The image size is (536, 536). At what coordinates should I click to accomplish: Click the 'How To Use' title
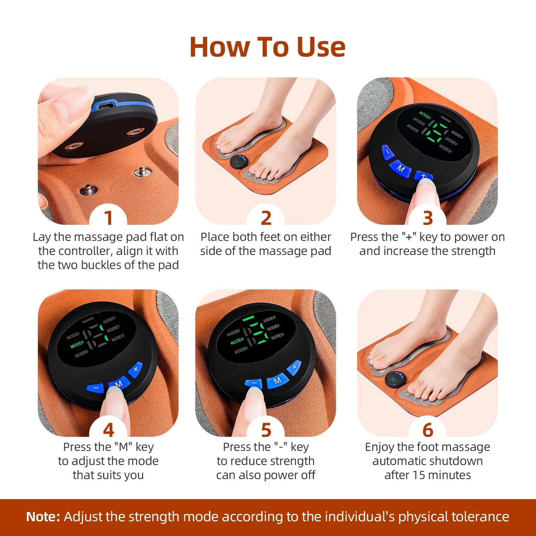coord(267,47)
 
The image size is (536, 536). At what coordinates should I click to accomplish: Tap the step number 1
coord(108,218)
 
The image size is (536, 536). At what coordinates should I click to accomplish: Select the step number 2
coord(266,218)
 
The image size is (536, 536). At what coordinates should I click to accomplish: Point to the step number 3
coord(428,218)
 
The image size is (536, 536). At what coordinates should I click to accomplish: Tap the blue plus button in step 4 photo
coord(135,369)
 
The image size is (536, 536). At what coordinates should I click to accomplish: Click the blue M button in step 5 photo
coord(277,381)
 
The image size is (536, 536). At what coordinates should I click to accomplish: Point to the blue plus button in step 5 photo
coord(295,367)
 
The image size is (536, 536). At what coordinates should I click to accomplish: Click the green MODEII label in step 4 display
coord(77,345)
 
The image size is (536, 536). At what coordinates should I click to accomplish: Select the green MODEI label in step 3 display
coord(425,115)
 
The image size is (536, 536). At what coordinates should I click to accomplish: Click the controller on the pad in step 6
coord(394,379)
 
